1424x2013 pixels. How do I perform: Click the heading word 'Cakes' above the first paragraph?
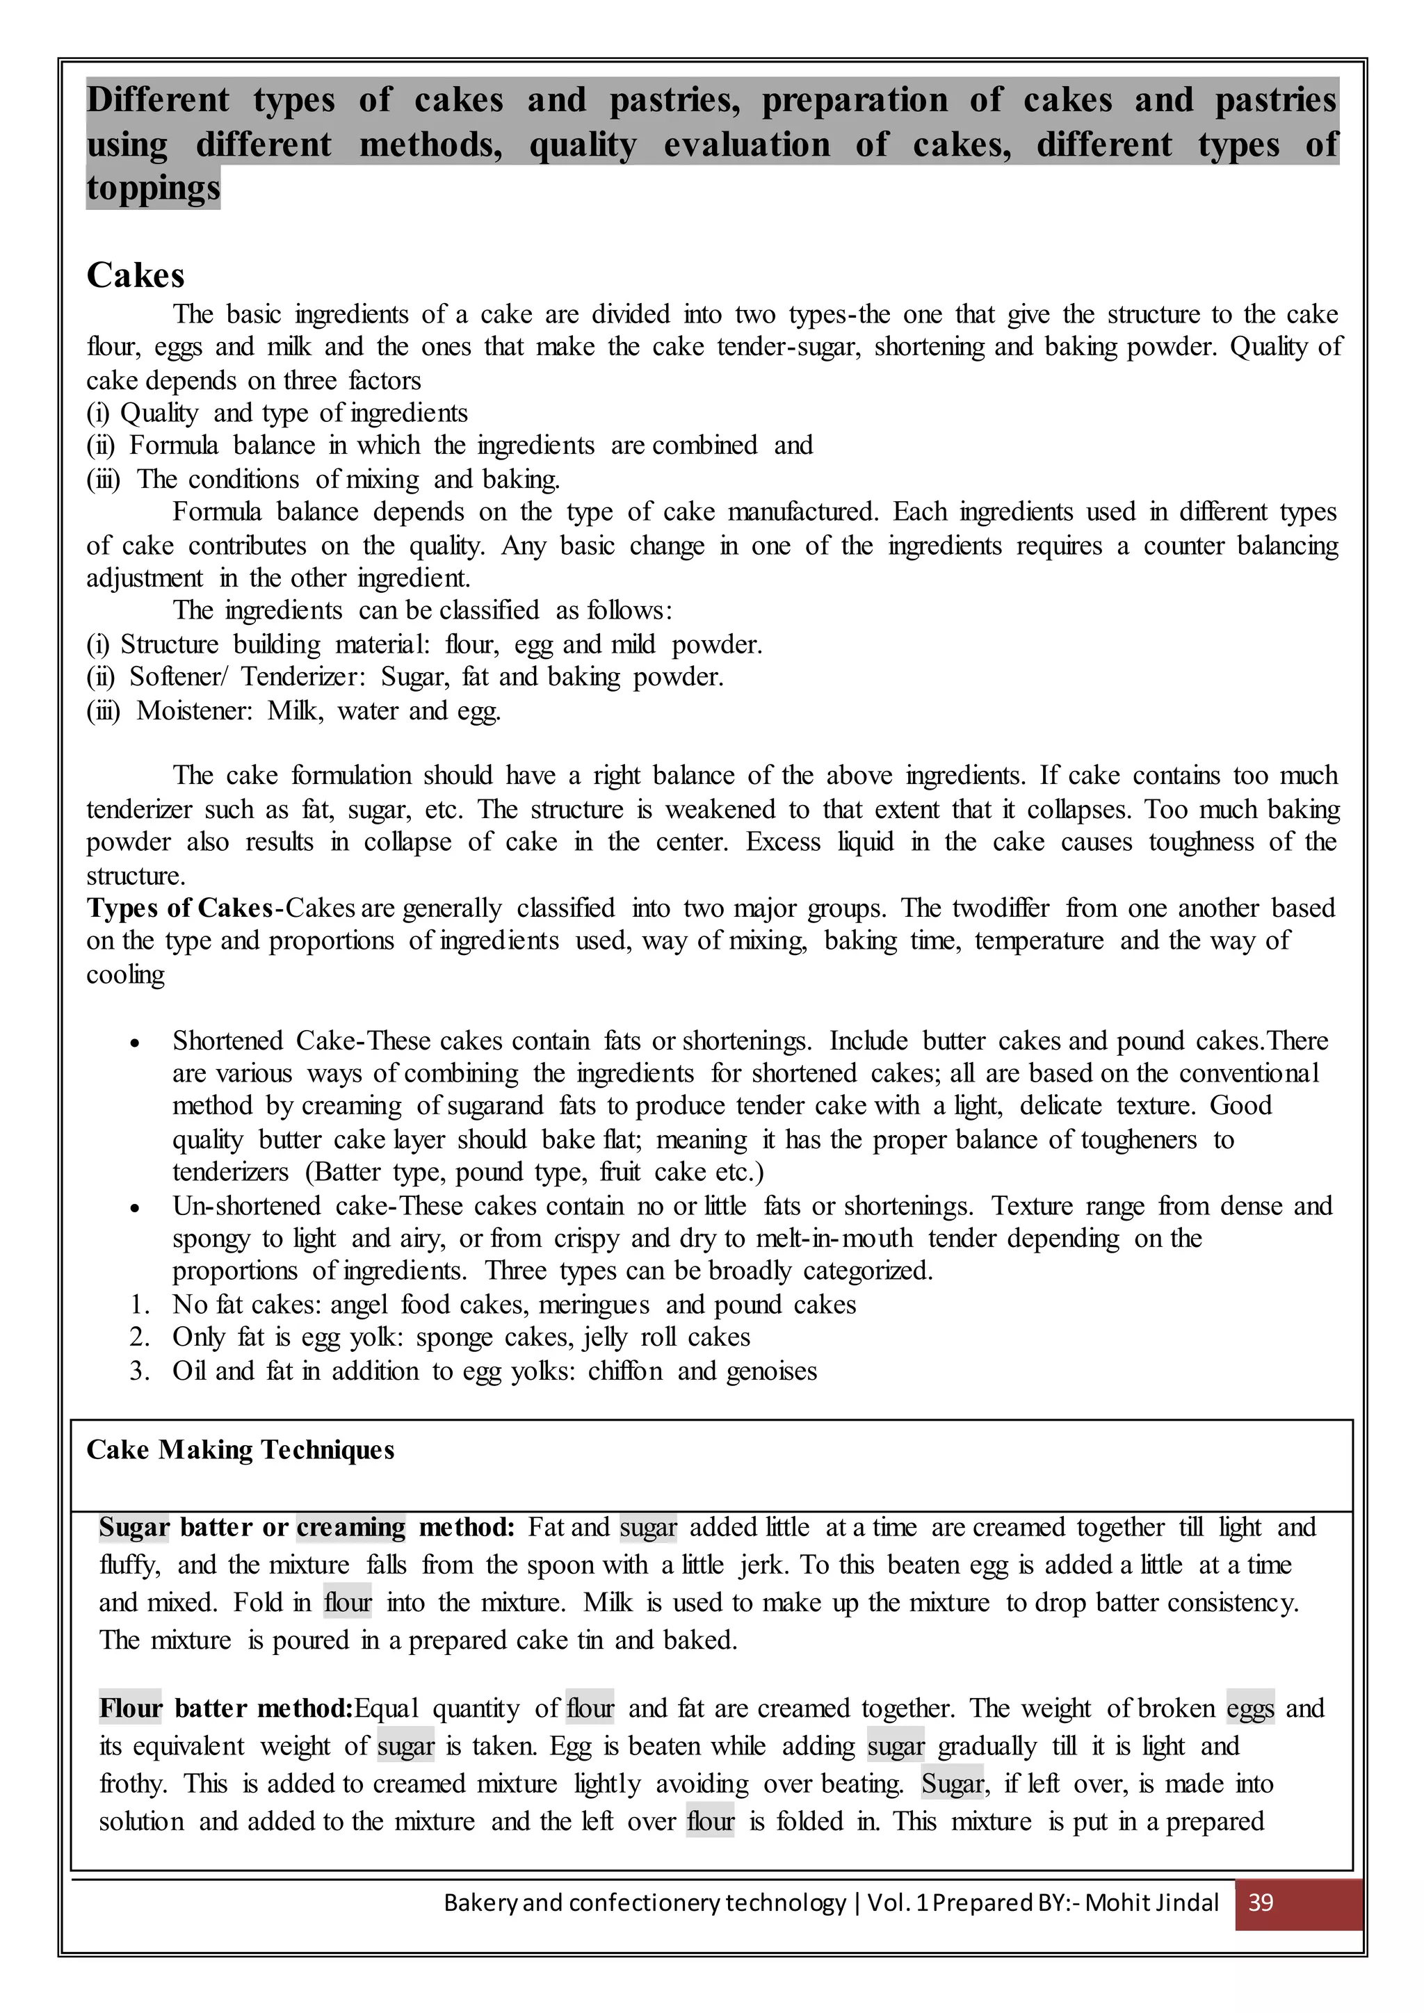(x=135, y=275)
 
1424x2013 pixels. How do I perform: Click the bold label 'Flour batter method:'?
(x=225, y=1708)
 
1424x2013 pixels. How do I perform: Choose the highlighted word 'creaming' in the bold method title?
(x=350, y=1526)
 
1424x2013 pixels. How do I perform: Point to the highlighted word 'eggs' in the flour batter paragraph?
(x=1250, y=1708)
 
